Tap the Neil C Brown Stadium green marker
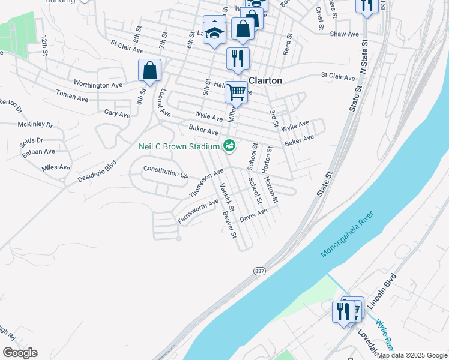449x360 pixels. click(x=229, y=145)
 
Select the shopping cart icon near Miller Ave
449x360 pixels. click(x=236, y=92)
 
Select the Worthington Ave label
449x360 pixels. click(x=98, y=85)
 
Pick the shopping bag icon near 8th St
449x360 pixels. click(x=149, y=70)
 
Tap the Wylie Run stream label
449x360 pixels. click(x=384, y=336)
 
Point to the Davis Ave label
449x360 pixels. click(x=253, y=216)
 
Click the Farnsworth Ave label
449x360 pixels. click(x=197, y=212)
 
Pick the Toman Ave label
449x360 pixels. click(x=71, y=95)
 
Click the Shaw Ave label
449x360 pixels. click(x=344, y=34)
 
